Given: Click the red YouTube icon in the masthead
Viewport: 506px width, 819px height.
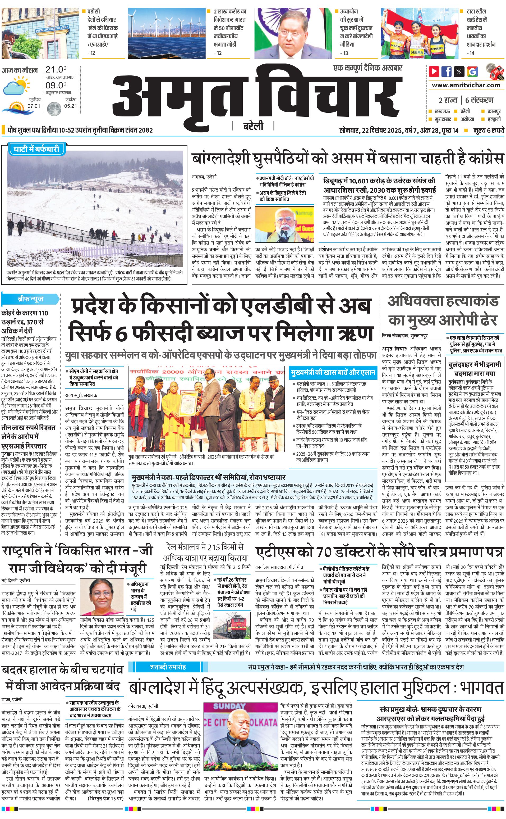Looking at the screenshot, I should click(x=434, y=71).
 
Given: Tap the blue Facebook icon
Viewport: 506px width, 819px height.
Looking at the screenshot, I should click(x=447, y=71).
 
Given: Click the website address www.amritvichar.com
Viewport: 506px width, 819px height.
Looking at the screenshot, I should click(x=466, y=85).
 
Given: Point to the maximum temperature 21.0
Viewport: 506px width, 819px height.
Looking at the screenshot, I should click(x=56, y=70).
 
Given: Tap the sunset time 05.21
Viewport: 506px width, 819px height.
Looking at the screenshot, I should click(x=70, y=106).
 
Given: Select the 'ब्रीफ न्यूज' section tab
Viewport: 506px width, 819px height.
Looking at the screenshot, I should click(x=30, y=299).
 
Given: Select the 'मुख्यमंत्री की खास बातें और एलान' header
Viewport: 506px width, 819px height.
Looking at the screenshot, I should click(x=333, y=373).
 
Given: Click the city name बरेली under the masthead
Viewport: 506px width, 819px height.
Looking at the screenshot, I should click(x=253, y=126).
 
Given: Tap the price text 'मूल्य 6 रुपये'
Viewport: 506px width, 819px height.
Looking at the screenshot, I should click(x=488, y=130).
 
